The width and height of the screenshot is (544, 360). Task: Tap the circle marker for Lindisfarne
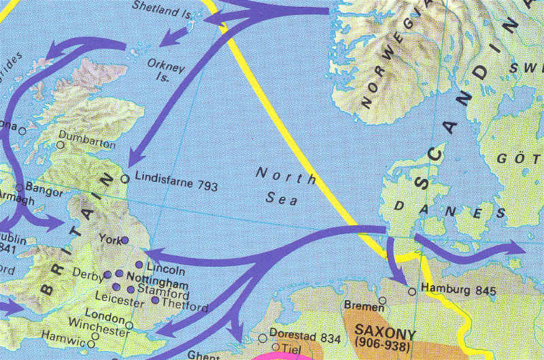(x=124, y=179)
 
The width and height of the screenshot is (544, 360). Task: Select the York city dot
(x=124, y=240)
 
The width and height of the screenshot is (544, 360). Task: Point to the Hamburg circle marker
(x=412, y=291)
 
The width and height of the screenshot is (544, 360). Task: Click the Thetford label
(x=185, y=307)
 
